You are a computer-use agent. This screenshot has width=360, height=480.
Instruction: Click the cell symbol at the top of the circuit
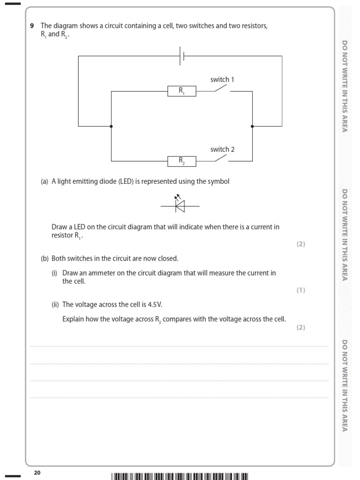click(x=182, y=56)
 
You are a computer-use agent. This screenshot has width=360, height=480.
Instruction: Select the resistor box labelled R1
click(x=181, y=91)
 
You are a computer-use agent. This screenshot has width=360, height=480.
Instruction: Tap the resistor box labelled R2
click(x=181, y=161)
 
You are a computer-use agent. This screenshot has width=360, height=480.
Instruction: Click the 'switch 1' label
click(x=222, y=80)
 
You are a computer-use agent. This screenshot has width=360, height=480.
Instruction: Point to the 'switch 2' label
click(x=222, y=150)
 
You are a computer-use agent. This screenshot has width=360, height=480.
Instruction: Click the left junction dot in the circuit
click(x=111, y=126)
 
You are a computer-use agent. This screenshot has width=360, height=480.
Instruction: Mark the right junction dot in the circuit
click(x=252, y=126)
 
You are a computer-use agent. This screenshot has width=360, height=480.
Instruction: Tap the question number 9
click(x=32, y=26)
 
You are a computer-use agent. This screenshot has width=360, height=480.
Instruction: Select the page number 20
click(x=37, y=473)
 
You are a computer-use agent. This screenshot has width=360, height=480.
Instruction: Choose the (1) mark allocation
click(x=300, y=290)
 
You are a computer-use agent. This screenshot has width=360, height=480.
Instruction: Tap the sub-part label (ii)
click(x=55, y=304)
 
